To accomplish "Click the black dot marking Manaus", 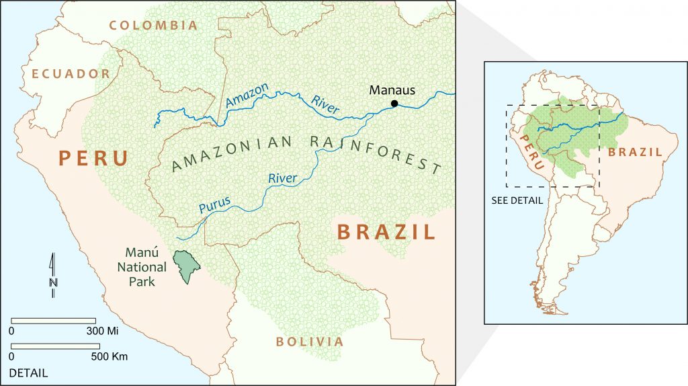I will pyautogui.click(x=394, y=104).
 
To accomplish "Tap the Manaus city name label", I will pyautogui.click(x=392, y=90).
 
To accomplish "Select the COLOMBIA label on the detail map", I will pyautogui.click(x=154, y=26).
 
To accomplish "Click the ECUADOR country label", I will pyautogui.click(x=65, y=74).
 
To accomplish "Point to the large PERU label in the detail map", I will pyautogui.click(x=93, y=159).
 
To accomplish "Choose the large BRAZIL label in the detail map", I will pyautogui.click(x=386, y=233).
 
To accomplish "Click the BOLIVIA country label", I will pyautogui.click(x=310, y=342).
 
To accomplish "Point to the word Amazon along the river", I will pyautogui.click(x=247, y=95).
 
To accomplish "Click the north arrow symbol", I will pyautogui.click(x=52, y=274).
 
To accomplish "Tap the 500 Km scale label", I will pyautogui.click(x=108, y=356).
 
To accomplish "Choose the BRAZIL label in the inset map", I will pyautogui.click(x=635, y=153).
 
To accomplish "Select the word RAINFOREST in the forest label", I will pyautogui.click(x=376, y=153).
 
